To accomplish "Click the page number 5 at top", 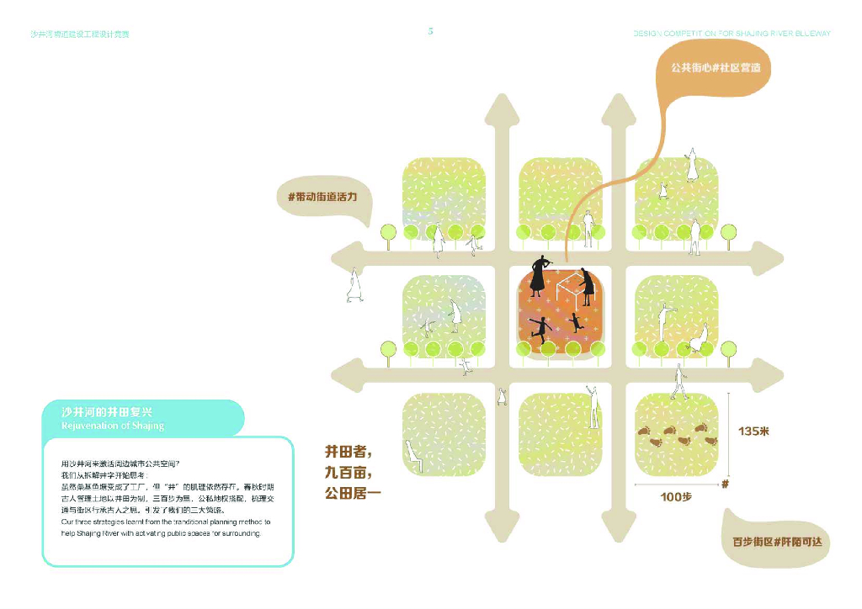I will [x=431, y=31].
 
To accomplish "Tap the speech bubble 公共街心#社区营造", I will [x=716, y=67].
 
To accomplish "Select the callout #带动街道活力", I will [x=322, y=198].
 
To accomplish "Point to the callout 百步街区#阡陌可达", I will [x=776, y=543].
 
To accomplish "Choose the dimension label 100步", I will [x=675, y=497].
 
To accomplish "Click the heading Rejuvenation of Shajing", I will [x=113, y=426].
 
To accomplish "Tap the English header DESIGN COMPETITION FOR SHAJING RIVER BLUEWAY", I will [x=732, y=34].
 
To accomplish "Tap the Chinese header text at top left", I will [x=80, y=34].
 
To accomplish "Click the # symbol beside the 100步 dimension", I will [x=725, y=485].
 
